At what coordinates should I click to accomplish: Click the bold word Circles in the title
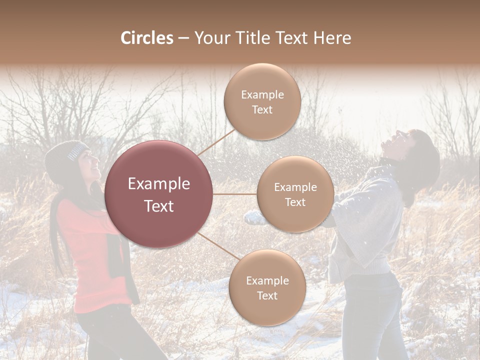pyautogui.click(x=146, y=38)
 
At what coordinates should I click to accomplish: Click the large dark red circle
pyautogui.click(x=159, y=194)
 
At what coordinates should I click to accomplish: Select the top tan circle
pyautogui.click(x=262, y=101)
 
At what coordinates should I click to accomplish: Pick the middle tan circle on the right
pyautogui.click(x=295, y=194)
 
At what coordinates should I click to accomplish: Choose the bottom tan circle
pyautogui.click(x=267, y=287)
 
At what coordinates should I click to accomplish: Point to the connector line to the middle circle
pyautogui.click(x=235, y=194)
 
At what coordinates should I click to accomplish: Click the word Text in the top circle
pyautogui.click(x=262, y=110)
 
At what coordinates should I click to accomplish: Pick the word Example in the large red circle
pyautogui.click(x=159, y=184)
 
